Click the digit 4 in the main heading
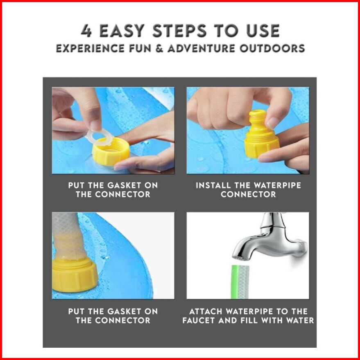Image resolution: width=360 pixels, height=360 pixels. (86, 31)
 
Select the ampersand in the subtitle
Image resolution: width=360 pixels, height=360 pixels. (159, 48)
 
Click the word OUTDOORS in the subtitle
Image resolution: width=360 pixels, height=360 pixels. (272, 48)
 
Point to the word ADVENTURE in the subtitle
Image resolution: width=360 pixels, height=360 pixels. (202, 48)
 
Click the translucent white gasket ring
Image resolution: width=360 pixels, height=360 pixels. (99, 137)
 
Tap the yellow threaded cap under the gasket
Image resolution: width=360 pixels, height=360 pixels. (111, 152)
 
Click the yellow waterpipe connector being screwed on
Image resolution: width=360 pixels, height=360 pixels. (262, 134)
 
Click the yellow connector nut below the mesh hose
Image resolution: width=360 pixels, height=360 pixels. (75, 275)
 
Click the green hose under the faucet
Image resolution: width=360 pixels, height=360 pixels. (240, 282)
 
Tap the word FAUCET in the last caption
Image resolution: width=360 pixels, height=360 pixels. (199, 320)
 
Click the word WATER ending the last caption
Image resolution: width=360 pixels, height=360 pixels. (299, 320)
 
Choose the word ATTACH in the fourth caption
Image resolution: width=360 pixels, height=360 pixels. (206, 311)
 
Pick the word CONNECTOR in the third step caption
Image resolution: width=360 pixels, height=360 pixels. (122, 320)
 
